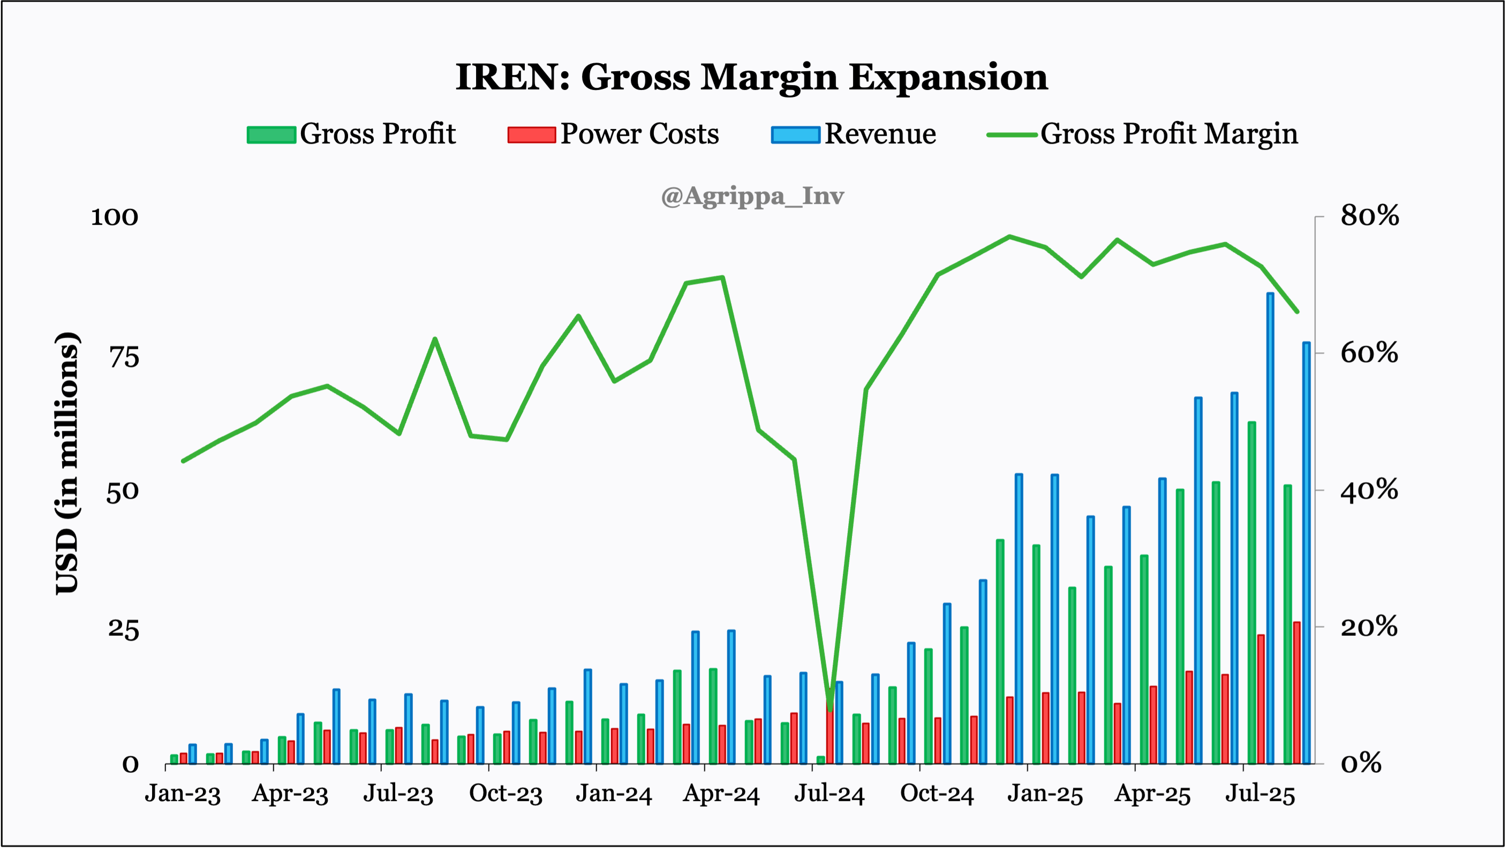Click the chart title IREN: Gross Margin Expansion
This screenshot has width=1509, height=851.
click(752, 77)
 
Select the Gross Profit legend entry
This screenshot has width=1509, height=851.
click(351, 134)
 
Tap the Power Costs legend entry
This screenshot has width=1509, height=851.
click(613, 134)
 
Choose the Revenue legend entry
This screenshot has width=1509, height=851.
click(854, 134)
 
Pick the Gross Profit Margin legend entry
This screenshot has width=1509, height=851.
click(1142, 134)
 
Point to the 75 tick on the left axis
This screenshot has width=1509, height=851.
click(124, 358)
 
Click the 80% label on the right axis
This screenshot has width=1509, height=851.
click(1369, 216)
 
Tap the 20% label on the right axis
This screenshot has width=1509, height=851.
click(1369, 627)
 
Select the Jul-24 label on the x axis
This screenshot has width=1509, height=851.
click(829, 794)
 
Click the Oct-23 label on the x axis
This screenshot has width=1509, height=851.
click(505, 794)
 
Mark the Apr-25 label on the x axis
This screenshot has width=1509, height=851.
click(1152, 794)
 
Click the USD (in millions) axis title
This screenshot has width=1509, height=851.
click(67, 462)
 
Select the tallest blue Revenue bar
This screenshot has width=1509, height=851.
click(1270, 527)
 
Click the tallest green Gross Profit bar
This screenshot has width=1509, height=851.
click(1252, 591)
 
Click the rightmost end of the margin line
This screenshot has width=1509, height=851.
click(1297, 311)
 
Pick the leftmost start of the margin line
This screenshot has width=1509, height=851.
click(183, 461)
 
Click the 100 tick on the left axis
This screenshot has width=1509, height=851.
click(114, 217)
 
